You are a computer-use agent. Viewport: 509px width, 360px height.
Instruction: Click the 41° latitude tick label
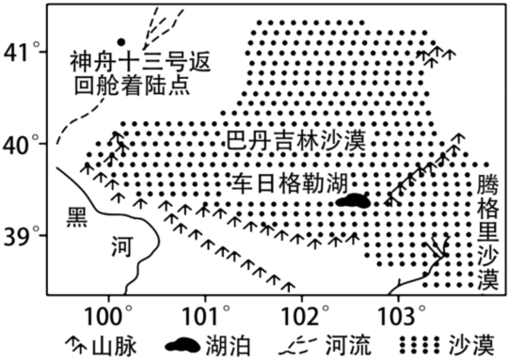22,52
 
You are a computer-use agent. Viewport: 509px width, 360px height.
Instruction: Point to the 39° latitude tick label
22,235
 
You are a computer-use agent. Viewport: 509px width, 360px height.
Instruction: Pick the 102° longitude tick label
303,316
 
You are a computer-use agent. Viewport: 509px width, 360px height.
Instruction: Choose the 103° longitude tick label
401,316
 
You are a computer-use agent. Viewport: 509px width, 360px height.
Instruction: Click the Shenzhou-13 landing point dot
121,42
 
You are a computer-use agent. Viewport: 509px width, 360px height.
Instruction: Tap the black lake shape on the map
353,201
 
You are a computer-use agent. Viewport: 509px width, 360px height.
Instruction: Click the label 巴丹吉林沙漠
296,140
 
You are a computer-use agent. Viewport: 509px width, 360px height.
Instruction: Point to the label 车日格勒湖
290,183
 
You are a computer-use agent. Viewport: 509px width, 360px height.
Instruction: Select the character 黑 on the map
77,216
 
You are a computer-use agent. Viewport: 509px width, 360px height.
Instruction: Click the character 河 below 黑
122,246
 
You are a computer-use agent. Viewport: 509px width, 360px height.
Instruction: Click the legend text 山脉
114,346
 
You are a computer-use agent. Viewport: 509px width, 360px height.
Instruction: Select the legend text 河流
348,346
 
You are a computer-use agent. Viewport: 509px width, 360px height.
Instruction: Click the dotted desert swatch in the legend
420,345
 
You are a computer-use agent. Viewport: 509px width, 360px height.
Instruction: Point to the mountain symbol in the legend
76,345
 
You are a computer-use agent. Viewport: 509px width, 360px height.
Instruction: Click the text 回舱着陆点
132,86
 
